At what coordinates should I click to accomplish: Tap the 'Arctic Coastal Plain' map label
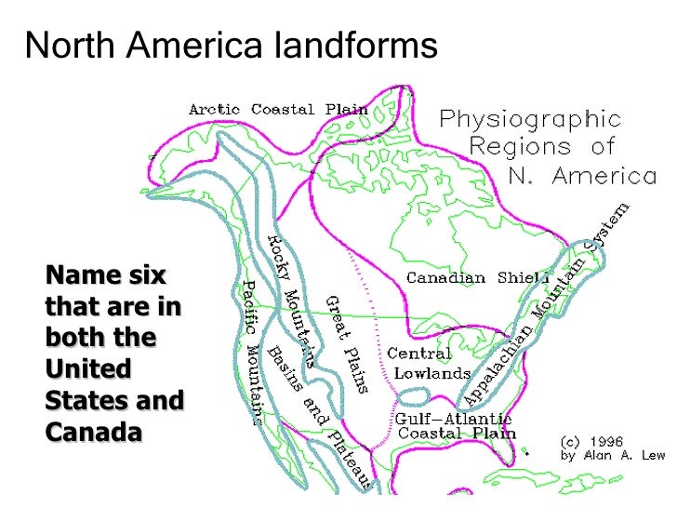pos(279,109)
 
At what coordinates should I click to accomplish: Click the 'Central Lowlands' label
pos(429,363)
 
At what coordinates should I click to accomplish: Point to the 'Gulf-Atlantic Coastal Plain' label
pos(454,426)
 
